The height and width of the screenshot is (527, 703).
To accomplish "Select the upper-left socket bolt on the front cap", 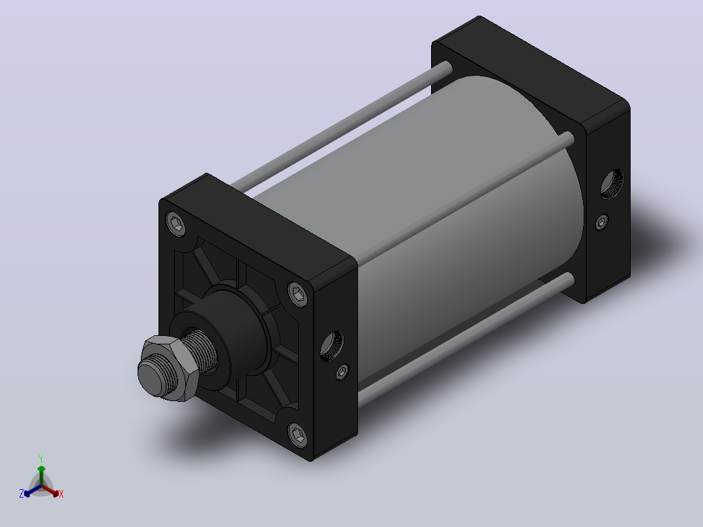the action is [x=176, y=223].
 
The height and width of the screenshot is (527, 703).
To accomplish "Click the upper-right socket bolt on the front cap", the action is [x=297, y=294].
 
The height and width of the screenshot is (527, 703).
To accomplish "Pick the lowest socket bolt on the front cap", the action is [x=297, y=434].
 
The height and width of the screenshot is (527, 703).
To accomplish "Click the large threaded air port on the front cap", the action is [x=332, y=346].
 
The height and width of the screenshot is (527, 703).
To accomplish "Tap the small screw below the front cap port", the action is [x=342, y=371].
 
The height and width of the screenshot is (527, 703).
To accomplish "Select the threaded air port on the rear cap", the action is [x=612, y=184].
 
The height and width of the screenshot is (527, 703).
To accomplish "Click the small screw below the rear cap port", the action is [x=602, y=222].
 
